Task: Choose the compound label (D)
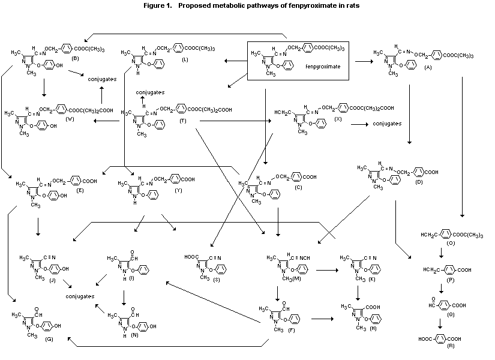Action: (x=419, y=181)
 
